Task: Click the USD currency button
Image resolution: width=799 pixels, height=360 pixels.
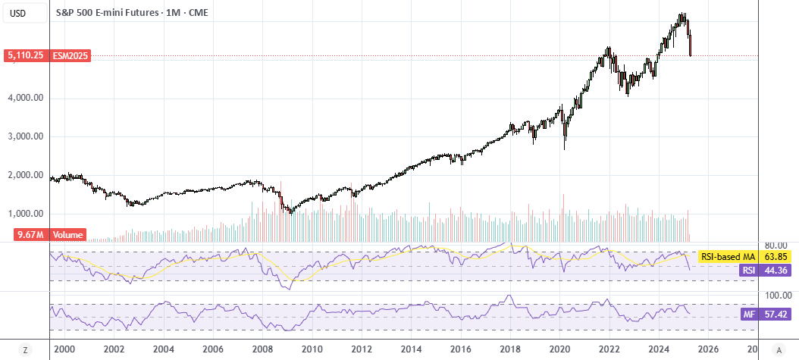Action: point(18,13)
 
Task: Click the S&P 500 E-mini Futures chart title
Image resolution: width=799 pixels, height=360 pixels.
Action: point(106,13)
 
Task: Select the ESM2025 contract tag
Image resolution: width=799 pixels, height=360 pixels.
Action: point(70,55)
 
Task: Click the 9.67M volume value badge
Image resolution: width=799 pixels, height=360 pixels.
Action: point(26,235)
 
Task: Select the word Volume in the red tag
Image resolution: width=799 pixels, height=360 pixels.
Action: point(67,235)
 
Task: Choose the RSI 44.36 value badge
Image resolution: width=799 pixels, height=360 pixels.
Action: point(765,271)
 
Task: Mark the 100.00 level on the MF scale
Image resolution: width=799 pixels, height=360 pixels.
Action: point(775,296)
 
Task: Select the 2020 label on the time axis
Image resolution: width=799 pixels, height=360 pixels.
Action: point(560,349)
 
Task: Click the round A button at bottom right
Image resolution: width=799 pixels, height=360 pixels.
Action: point(778,350)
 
